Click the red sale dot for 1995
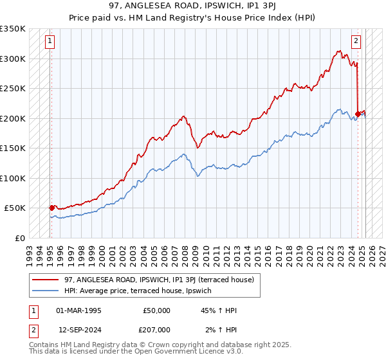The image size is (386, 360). click(x=51, y=208)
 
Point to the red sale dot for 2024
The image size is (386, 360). click(x=358, y=114)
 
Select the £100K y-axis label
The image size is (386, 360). click(x=13, y=178)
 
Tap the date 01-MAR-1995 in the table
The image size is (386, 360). click(x=78, y=310)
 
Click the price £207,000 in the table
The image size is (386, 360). click(x=157, y=329)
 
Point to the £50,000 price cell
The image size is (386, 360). click(x=157, y=310)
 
